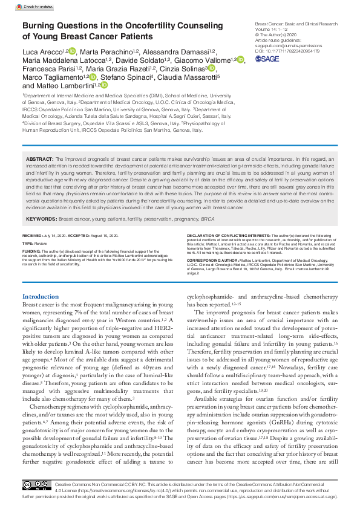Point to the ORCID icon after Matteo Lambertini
click(x=104, y=86)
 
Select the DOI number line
click(x=287, y=52)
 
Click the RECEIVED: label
click(x=31, y=235)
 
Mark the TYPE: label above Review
click(x=27, y=242)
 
